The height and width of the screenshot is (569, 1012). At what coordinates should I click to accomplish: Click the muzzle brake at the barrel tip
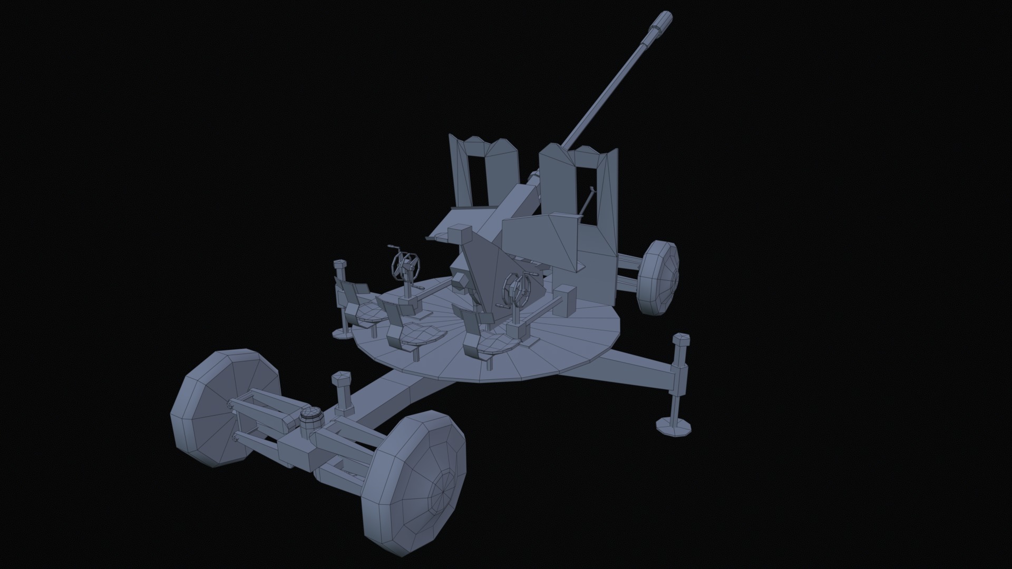coord(660,22)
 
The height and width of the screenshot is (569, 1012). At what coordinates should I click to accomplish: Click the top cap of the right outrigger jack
coord(682,338)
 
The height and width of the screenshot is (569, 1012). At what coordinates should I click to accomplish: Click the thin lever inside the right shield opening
coord(587,203)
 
